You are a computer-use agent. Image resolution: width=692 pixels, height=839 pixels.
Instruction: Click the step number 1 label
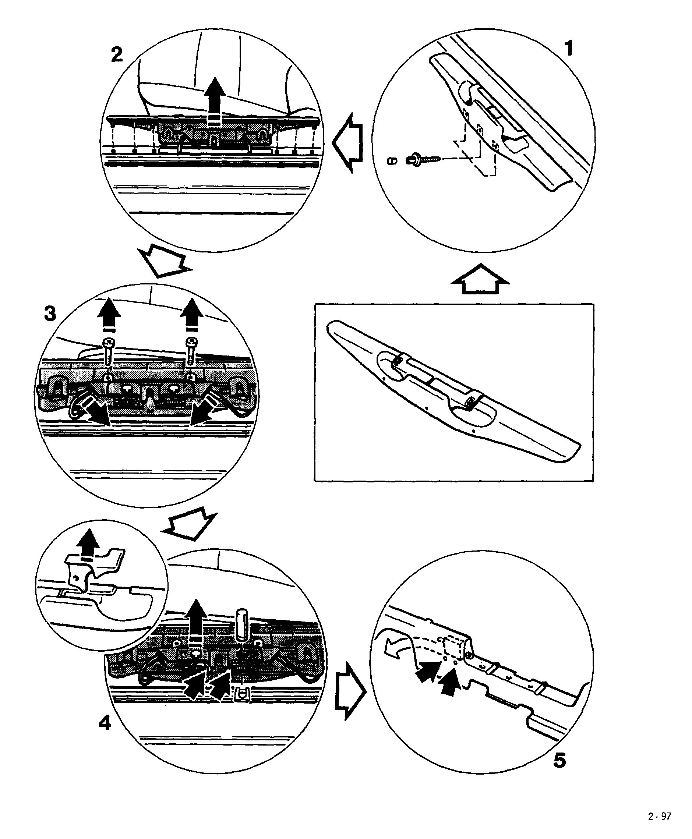click(568, 49)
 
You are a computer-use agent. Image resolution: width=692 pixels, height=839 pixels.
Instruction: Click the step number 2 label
click(116, 54)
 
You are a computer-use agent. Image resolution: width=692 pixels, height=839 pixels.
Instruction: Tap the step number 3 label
click(50, 314)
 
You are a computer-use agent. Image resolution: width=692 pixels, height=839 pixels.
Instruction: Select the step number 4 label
click(105, 723)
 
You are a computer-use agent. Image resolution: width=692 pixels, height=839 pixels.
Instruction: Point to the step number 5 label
click(559, 761)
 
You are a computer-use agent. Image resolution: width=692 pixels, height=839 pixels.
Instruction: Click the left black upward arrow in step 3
click(109, 315)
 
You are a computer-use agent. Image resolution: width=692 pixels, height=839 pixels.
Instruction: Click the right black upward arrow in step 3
click(192, 315)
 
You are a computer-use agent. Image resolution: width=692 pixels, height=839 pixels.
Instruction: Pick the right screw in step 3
click(191, 351)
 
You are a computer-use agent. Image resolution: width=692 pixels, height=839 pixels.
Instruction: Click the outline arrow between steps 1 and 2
click(347, 142)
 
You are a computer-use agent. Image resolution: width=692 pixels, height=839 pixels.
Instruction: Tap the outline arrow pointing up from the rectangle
click(480, 279)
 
